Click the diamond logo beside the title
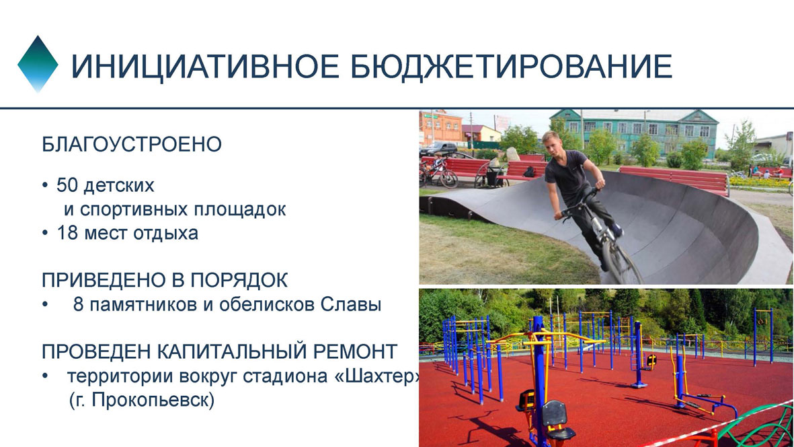[x=38, y=64]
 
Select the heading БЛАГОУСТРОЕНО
[x=132, y=145]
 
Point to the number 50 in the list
[x=67, y=186]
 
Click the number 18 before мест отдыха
[x=67, y=233]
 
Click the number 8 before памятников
[x=79, y=304]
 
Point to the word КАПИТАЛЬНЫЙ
[x=233, y=351]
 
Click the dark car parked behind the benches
[x=438, y=149]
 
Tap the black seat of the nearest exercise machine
[x=555, y=413]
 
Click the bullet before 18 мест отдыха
[x=44, y=234]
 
